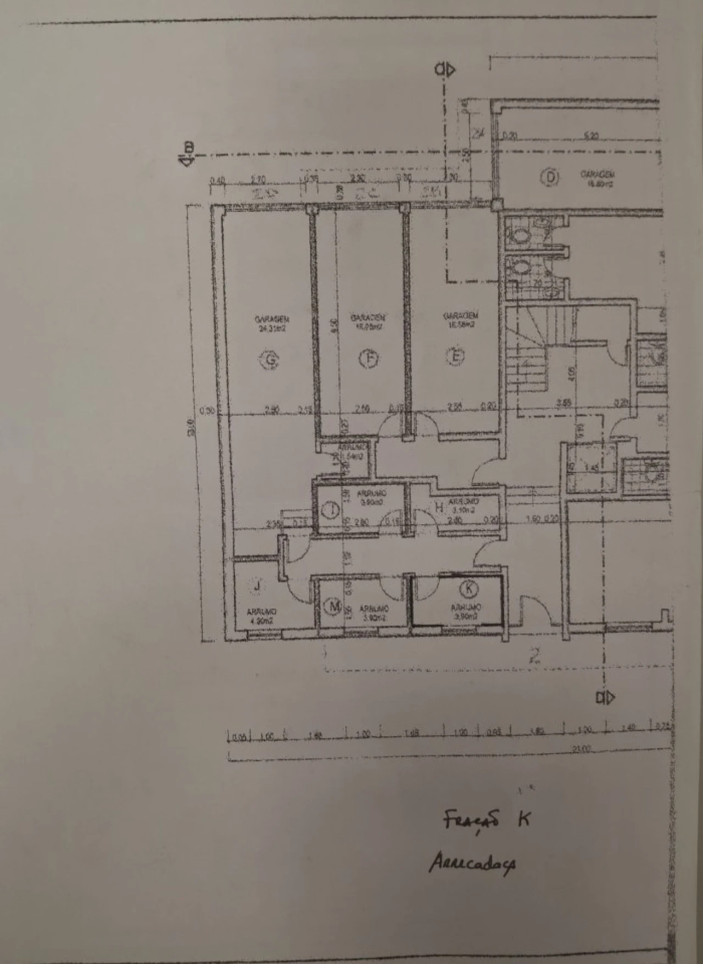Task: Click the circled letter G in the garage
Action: pos(270,360)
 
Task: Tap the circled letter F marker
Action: pos(369,359)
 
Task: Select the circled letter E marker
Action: pos(455,357)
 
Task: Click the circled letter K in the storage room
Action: pos(468,589)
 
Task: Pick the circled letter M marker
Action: pos(333,607)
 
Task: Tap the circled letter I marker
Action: pos(331,510)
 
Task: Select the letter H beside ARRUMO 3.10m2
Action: pos(439,508)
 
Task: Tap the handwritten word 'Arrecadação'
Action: pos(472,864)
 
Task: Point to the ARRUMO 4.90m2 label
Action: pos(261,616)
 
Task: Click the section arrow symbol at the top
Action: pos(445,70)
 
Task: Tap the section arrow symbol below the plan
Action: pos(606,698)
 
